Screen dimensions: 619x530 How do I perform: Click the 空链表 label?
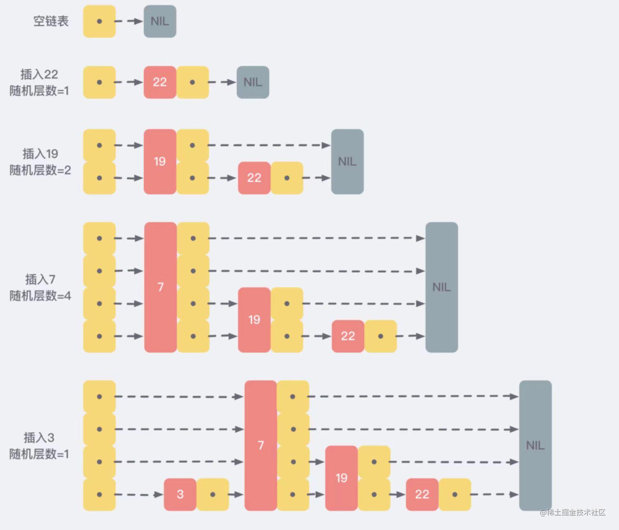tap(51, 21)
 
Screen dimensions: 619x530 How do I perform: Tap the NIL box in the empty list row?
tap(160, 21)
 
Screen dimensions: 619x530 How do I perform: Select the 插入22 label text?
tap(39, 74)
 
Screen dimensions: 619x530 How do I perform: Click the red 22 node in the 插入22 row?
tap(160, 82)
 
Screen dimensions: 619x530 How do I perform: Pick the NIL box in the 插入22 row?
tap(253, 82)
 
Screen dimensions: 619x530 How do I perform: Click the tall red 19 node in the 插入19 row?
tap(160, 162)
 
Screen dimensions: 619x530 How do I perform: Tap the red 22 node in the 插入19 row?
tap(254, 178)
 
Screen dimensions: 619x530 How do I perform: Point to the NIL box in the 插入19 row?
tap(347, 162)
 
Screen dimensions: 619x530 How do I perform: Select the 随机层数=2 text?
tap(40, 170)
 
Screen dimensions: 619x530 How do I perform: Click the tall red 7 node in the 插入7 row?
tap(160, 287)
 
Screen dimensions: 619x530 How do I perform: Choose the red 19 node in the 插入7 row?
tap(254, 320)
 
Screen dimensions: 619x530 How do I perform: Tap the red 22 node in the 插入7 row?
tap(348, 336)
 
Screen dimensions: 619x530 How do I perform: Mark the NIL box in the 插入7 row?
tap(442, 287)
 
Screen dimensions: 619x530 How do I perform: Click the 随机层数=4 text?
tap(40, 296)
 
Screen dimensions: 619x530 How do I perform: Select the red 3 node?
tap(180, 494)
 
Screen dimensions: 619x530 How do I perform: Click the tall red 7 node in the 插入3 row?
tap(261, 445)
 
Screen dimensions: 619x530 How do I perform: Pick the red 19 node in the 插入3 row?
tap(341, 478)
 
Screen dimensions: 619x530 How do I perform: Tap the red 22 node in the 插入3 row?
tap(422, 494)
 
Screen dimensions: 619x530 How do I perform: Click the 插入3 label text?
tap(39, 438)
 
